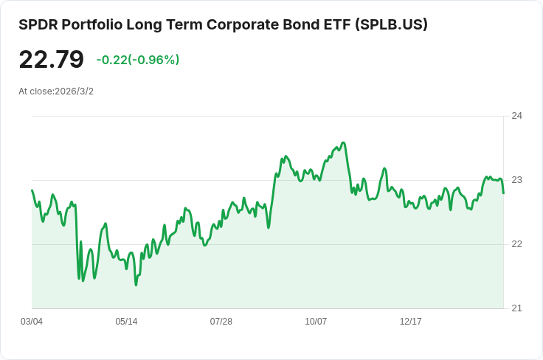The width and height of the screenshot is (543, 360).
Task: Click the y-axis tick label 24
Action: click(516, 116)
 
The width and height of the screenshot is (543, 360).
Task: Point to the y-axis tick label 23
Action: click(516, 180)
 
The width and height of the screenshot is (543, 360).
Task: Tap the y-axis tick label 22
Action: click(516, 244)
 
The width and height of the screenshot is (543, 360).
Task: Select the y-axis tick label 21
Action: click(516, 308)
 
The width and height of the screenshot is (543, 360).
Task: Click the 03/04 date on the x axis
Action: click(32, 322)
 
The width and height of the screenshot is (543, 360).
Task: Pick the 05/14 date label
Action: click(126, 322)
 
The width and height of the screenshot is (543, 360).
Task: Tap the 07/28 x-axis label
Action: click(221, 322)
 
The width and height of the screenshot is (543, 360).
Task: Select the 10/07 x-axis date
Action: click(316, 322)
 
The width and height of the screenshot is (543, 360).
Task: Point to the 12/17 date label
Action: click(410, 322)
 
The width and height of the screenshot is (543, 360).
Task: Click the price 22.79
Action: click(52, 60)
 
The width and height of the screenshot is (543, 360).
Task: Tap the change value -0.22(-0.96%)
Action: click(138, 60)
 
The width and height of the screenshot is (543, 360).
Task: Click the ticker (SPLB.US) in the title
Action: click(391, 24)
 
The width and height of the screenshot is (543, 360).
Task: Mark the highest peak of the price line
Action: click(343, 143)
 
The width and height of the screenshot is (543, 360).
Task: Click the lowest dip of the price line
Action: click(136, 285)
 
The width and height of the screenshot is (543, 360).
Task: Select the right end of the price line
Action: click(503, 193)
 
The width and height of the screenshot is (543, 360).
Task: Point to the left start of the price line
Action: click(32, 190)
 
